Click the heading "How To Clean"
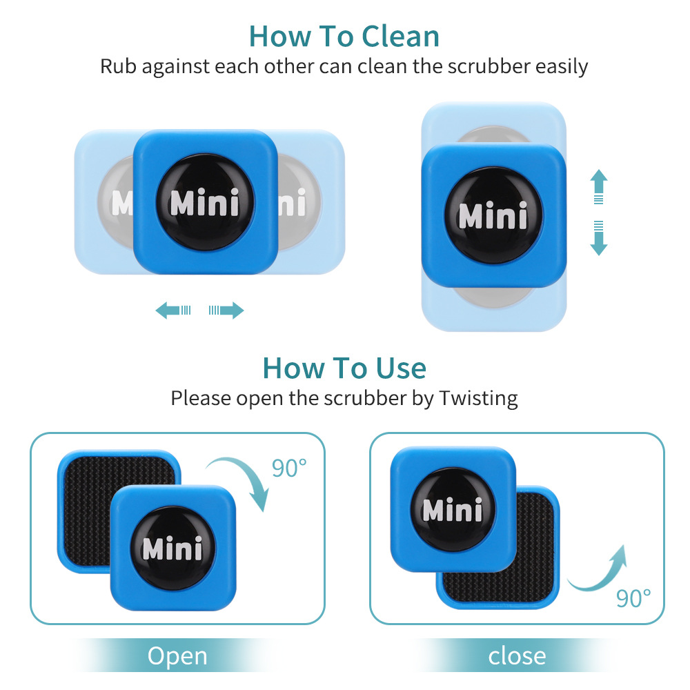(344, 36)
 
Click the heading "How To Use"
(344, 368)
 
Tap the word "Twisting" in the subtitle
(478, 398)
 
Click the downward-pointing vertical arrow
(599, 238)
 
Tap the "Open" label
(177, 655)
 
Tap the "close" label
(517, 655)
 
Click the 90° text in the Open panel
(289, 468)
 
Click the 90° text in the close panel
(633, 598)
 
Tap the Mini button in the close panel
(453, 509)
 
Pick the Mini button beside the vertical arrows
(493, 215)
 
